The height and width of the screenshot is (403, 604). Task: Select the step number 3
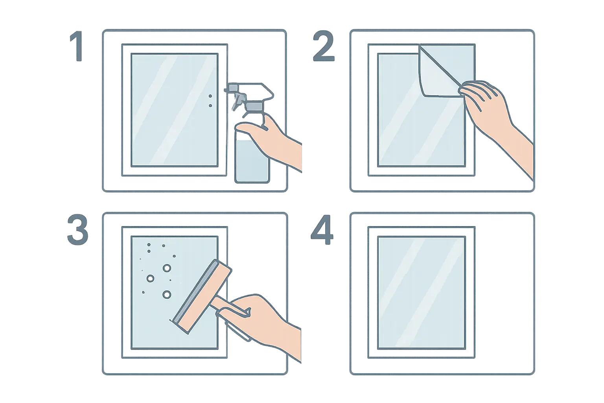pos(77,229)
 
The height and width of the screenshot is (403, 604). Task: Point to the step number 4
pos(322,229)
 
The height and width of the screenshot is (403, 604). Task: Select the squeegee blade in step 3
pos(195,292)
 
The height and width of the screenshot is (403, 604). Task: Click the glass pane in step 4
pos(422,293)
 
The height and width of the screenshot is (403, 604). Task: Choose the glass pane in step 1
pos(175,110)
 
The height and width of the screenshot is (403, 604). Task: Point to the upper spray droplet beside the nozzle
pos(210,96)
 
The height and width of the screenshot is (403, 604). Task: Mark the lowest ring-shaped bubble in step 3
pos(167,294)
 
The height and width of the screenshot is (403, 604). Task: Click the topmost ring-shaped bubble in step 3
pos(167,268)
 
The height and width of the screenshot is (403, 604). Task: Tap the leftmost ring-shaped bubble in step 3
pos(150,278)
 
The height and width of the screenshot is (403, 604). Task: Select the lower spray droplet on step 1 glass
pos(210,105)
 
